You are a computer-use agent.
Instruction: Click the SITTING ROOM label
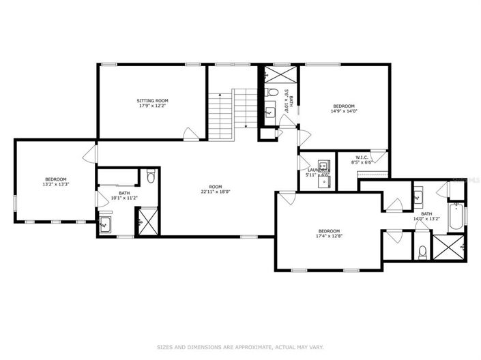pyautogui.click(x=153, y=100)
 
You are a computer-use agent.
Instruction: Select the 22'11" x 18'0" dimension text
pyautogui.click(x=216, y=192)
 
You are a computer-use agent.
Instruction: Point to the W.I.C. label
pyautogui.click(x=362, y=157)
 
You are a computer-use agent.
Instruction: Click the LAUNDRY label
pyautogui.click(x=317, y=170)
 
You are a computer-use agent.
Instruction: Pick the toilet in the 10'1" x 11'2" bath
pyautogui.click(x=151, y=178)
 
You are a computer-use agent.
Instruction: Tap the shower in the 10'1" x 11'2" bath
pyautogui.click(x=147, y=222)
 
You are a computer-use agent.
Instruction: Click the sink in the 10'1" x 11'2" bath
pyautogui.click(x=105, y=223)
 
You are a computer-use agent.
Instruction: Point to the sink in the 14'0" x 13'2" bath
pyautogui.click(x=418, y=197)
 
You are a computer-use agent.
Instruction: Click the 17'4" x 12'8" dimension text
pyautogui.click(x=328, y=237)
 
